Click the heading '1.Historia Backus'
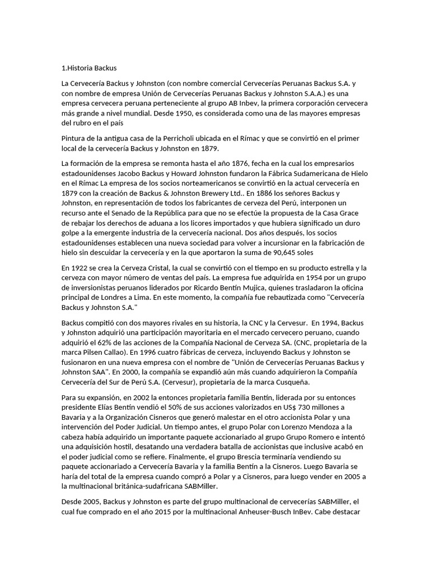[89, 68]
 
